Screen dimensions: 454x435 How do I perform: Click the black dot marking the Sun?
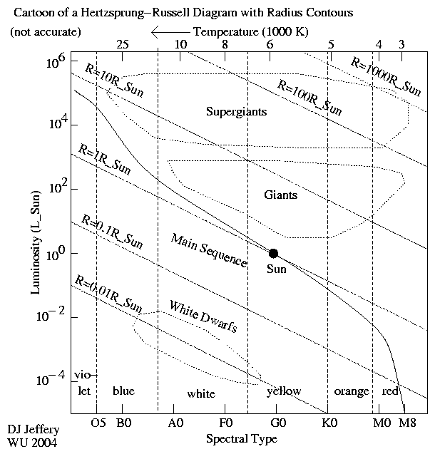click(273, 253)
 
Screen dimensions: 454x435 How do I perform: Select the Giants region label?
click(280, 195)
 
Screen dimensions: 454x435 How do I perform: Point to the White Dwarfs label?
click(203, 317)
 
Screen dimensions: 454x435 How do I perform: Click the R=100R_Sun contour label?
click(309, 97)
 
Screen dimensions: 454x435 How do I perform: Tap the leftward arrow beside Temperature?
click(170, 32)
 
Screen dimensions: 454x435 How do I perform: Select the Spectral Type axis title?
click(241, 438)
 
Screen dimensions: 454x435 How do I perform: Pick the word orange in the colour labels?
click(352, 391)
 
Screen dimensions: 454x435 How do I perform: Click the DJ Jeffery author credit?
click(34, 430)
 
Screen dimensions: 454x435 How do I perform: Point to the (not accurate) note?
click(46, 32)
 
